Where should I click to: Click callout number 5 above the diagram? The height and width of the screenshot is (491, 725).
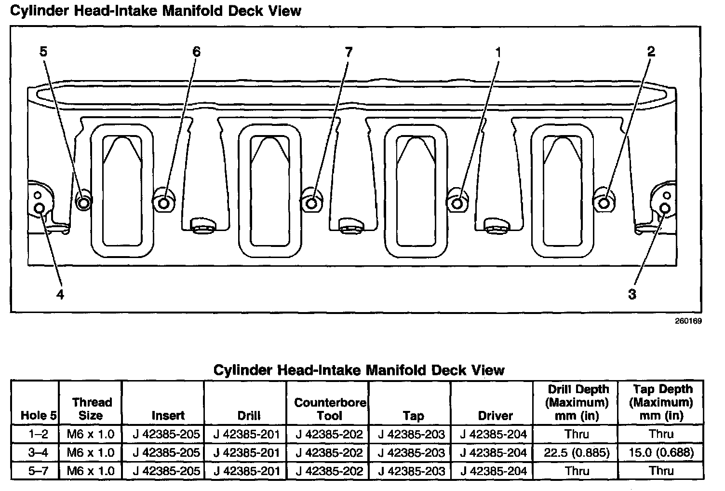(x=43, y=52)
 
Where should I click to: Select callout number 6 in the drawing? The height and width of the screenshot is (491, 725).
(x=196, y=52)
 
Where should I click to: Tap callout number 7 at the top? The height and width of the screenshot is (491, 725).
(x=348, y=52)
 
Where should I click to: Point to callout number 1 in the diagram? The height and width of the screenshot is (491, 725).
(x=498, y=52)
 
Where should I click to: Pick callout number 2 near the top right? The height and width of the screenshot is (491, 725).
(x=651, y=52)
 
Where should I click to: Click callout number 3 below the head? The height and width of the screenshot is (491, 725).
(x=632, y=294)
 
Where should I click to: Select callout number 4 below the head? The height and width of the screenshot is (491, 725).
(x=60, y=294)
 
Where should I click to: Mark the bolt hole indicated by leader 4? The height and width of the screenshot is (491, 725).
(x=40, y=208)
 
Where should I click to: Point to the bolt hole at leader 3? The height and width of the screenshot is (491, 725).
(x=665, y=208)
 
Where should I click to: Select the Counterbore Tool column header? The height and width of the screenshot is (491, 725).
(x=330, y=409)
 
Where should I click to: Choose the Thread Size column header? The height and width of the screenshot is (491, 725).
(x=91, y=409)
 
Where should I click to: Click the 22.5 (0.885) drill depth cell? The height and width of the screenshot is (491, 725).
(x=577, y=452)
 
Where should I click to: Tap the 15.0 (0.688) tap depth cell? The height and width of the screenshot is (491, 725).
(x=661, y=452)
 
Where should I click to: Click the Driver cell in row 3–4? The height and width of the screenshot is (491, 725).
(x=493, y=452)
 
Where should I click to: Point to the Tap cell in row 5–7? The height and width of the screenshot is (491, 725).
(x=411, y=471)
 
